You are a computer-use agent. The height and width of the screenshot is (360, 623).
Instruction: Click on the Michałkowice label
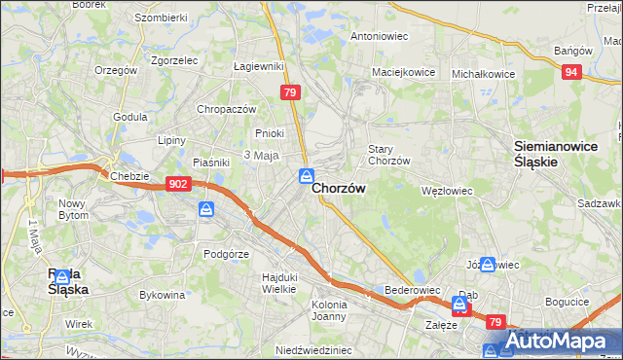point(484,73)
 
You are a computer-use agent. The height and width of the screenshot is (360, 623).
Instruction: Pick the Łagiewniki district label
point(258,66)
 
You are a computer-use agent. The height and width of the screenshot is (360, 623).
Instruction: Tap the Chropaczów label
point(226,109)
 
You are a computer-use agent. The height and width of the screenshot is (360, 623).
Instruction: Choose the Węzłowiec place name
point(446,191)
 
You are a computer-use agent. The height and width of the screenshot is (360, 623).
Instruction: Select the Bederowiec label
point(415,290)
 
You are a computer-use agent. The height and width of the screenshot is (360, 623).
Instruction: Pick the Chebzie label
point(128,175)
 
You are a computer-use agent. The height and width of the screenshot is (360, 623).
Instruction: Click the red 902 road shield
point(177,183)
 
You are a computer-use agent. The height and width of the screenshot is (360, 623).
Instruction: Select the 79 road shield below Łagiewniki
point(289,92)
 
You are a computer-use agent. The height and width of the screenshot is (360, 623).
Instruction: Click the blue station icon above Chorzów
point(306,175)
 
